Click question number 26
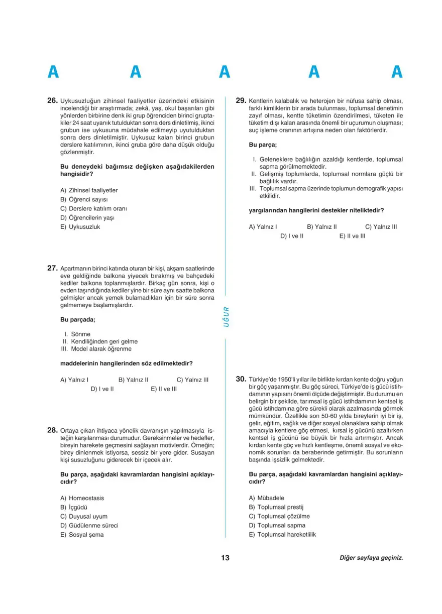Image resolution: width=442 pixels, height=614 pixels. click(52, 100)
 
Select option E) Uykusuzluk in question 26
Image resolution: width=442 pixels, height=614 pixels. click(80, 227)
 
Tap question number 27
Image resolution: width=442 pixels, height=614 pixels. click(52, 268)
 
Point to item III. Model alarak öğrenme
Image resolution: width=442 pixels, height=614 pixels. click(95, 349)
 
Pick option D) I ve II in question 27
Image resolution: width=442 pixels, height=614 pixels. click(102, 389)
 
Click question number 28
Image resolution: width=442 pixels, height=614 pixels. click(52, 430)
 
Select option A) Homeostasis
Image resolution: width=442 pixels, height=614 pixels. click(82, 498)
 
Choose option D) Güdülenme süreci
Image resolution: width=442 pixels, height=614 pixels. click(89, 526)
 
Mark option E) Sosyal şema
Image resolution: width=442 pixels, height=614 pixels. click(82, 535)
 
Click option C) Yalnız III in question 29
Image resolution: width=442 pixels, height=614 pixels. click(381, 226)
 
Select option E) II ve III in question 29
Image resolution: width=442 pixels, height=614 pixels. click(352, 235)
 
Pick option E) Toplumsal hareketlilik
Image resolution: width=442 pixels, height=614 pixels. click(282, 535)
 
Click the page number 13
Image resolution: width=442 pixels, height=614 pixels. click(225, 558)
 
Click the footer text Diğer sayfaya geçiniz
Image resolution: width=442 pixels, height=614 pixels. click(371, 558)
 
